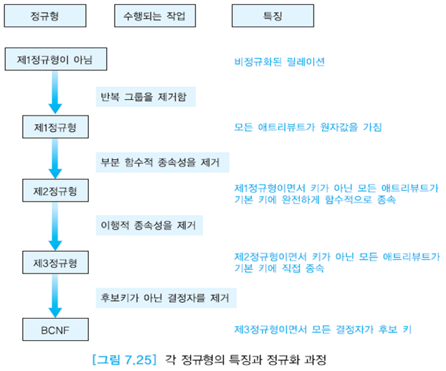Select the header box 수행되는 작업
[x=155, y=17]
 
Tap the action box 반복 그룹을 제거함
[x=146, y=95]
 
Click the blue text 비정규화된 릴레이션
[x=280, y=62]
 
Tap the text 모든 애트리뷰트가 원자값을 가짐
[x=308, y=127]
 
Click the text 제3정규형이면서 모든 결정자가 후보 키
[x=323, y=329]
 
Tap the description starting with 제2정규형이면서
[x=337, y=263]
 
